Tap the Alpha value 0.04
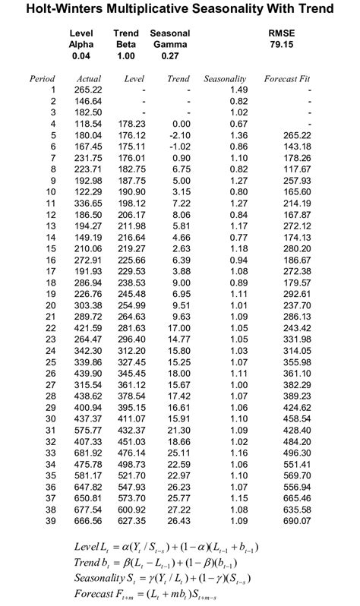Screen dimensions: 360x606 pyautogui.click(x=81, y=56)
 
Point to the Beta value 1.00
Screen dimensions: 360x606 pyautogui.click(x=125, y=56)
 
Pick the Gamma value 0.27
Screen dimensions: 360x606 pyautogui.click(x=170, y=56)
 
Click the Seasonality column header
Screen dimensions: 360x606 pyautogui.click(x=225, y=78)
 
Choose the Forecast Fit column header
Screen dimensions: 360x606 pyautogui.click(x=288, y=78)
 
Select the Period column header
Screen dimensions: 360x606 pyautogui.click(x=43, y=78)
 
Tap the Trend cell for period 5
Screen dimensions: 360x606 pyautogui.click(x=178, y=135)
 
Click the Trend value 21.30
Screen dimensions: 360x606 pyautogui.click(x=178, y=431)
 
